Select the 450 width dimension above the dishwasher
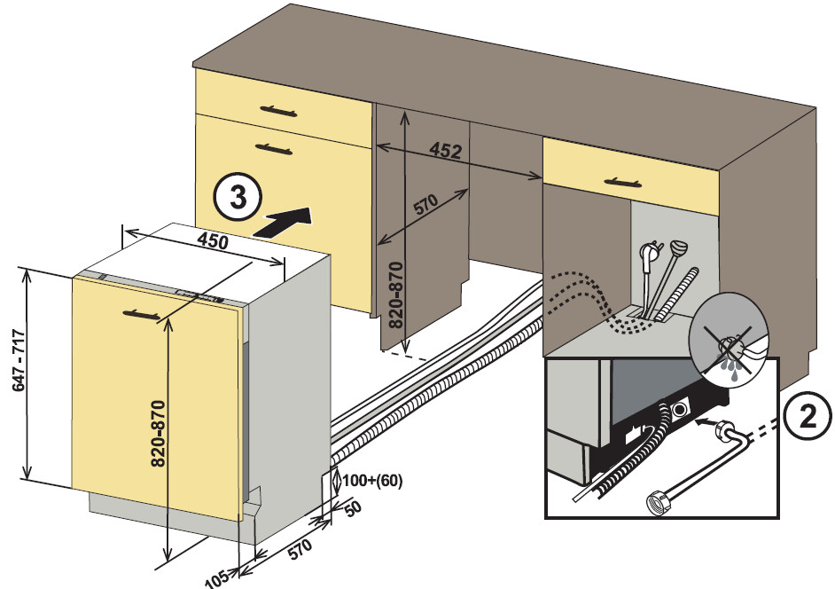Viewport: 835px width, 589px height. click(213, 240)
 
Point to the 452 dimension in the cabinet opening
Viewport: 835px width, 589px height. click(445, 151)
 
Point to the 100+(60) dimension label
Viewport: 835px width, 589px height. click(372, 481)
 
